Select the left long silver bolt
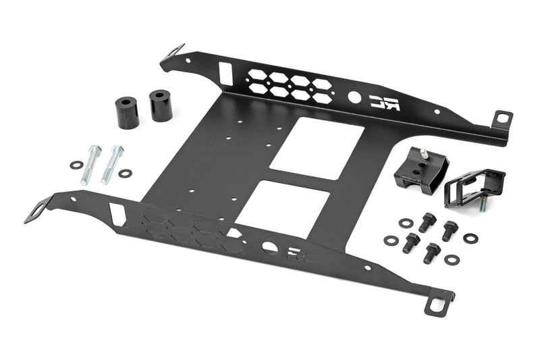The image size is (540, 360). [90, 164]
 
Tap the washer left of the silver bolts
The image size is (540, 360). [75, 165]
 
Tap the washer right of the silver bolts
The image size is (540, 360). [125, 174]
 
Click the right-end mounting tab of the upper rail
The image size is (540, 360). [502, 119]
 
